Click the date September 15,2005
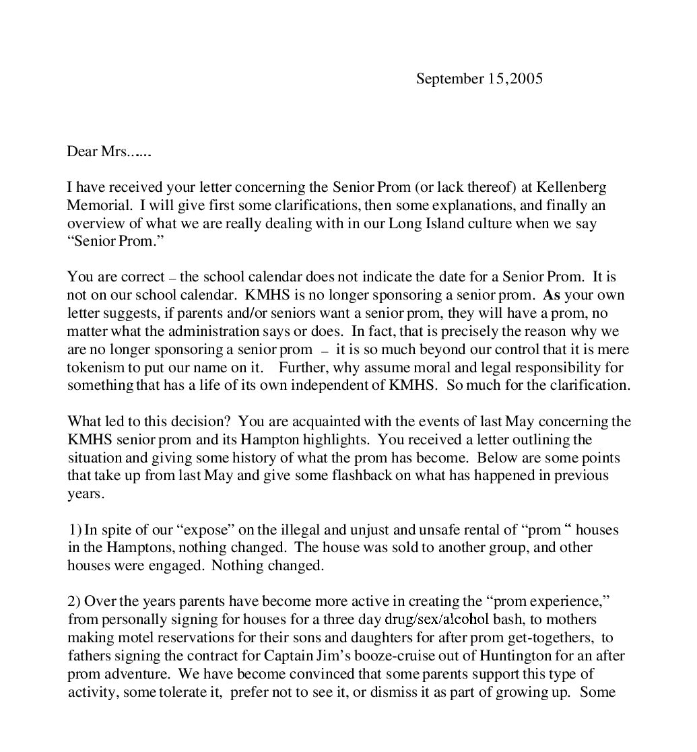[x=479, y=79]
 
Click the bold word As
[x=551, y=296]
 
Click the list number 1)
[x=75, y=530]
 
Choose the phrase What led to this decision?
[x=150, y=422]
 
